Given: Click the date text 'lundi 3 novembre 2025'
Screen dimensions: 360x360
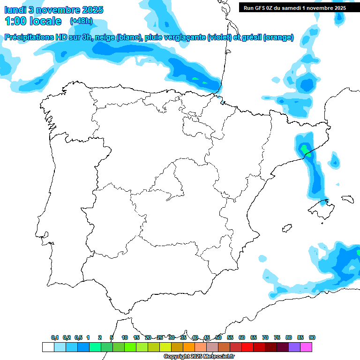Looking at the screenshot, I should click(54, 10).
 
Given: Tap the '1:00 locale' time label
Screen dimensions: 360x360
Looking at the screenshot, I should click(33, 21).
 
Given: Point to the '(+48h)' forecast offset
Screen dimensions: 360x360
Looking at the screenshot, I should click(81, 21).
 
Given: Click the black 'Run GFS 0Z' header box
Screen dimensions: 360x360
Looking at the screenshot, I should click(294, 7).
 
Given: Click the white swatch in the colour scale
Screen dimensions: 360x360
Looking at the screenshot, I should click(48, 347).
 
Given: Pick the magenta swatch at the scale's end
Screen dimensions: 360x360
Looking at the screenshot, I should click(306, 347).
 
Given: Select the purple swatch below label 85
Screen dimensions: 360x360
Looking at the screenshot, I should click(294, 347).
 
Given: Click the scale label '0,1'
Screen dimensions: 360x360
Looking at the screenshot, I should click(55, 338).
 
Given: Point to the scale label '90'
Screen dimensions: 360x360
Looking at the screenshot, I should click(312, 338).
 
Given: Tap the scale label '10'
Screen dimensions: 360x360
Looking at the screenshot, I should click(125, 338).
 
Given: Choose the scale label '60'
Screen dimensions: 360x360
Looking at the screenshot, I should click(242, 338).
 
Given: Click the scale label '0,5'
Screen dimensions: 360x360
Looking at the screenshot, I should click(78, 338).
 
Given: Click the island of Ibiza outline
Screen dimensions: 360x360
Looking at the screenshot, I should click(285, 229).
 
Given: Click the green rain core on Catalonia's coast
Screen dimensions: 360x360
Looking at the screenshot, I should click(305, 150).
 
